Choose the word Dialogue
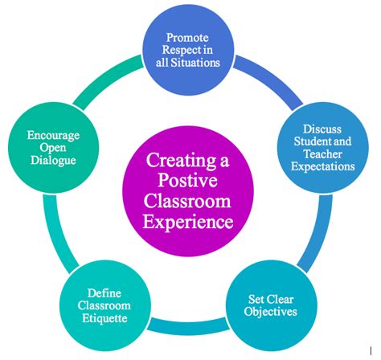point(54,160)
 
